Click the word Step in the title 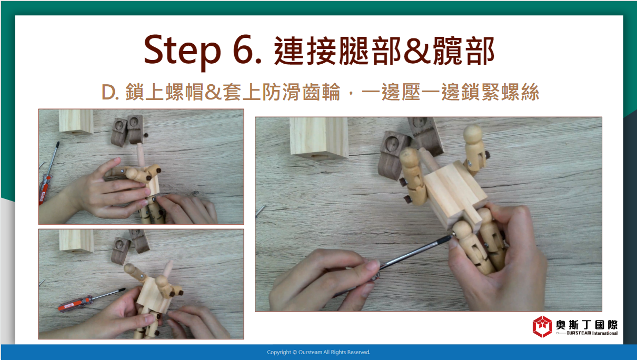point(182,51)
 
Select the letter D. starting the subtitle point(110,93)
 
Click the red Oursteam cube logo point(542,327)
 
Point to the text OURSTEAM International point(592,333)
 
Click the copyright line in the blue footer point(318,352)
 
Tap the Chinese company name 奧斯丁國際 point(586,324)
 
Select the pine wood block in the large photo point(319,137)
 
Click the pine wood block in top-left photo point(76,122)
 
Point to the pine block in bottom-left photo point(76,241)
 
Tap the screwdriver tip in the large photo point(452,234)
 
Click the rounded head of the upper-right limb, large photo point(473,133)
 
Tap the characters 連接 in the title point(305,51)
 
